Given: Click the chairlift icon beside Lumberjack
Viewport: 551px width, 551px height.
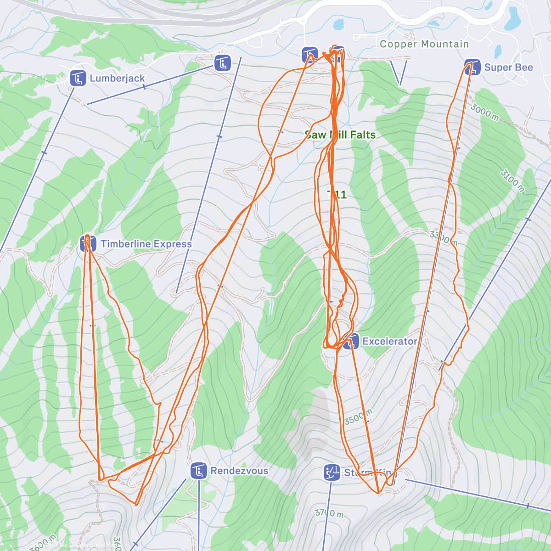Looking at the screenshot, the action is coord(78,78).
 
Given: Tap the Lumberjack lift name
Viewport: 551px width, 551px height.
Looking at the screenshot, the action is coord(117,78).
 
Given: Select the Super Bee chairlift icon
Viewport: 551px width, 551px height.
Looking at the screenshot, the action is coord(472,67).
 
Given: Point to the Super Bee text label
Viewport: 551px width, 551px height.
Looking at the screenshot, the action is coord(508,67).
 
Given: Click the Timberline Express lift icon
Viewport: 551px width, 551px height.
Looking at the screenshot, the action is coord(88,244).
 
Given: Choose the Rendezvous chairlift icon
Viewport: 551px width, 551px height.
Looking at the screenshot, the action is coord(198,471).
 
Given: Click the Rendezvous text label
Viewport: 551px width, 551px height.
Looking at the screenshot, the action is coord(239,471).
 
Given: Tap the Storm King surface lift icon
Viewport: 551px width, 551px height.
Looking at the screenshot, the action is coord(332,472).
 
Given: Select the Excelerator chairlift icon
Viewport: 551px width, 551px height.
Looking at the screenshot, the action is coord(351,341).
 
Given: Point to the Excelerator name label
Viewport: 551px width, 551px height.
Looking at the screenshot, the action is coord(389,341).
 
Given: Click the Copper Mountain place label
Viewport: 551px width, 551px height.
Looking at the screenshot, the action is coord(424,44).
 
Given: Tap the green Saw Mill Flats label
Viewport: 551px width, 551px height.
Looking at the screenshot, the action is coord(340,135).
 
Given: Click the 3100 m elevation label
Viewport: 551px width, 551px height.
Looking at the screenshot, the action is coord(512,180).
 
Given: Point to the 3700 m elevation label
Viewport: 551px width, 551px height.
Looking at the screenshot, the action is coord(329,512).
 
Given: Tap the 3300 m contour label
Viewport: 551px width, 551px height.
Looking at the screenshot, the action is coord(444,238).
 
